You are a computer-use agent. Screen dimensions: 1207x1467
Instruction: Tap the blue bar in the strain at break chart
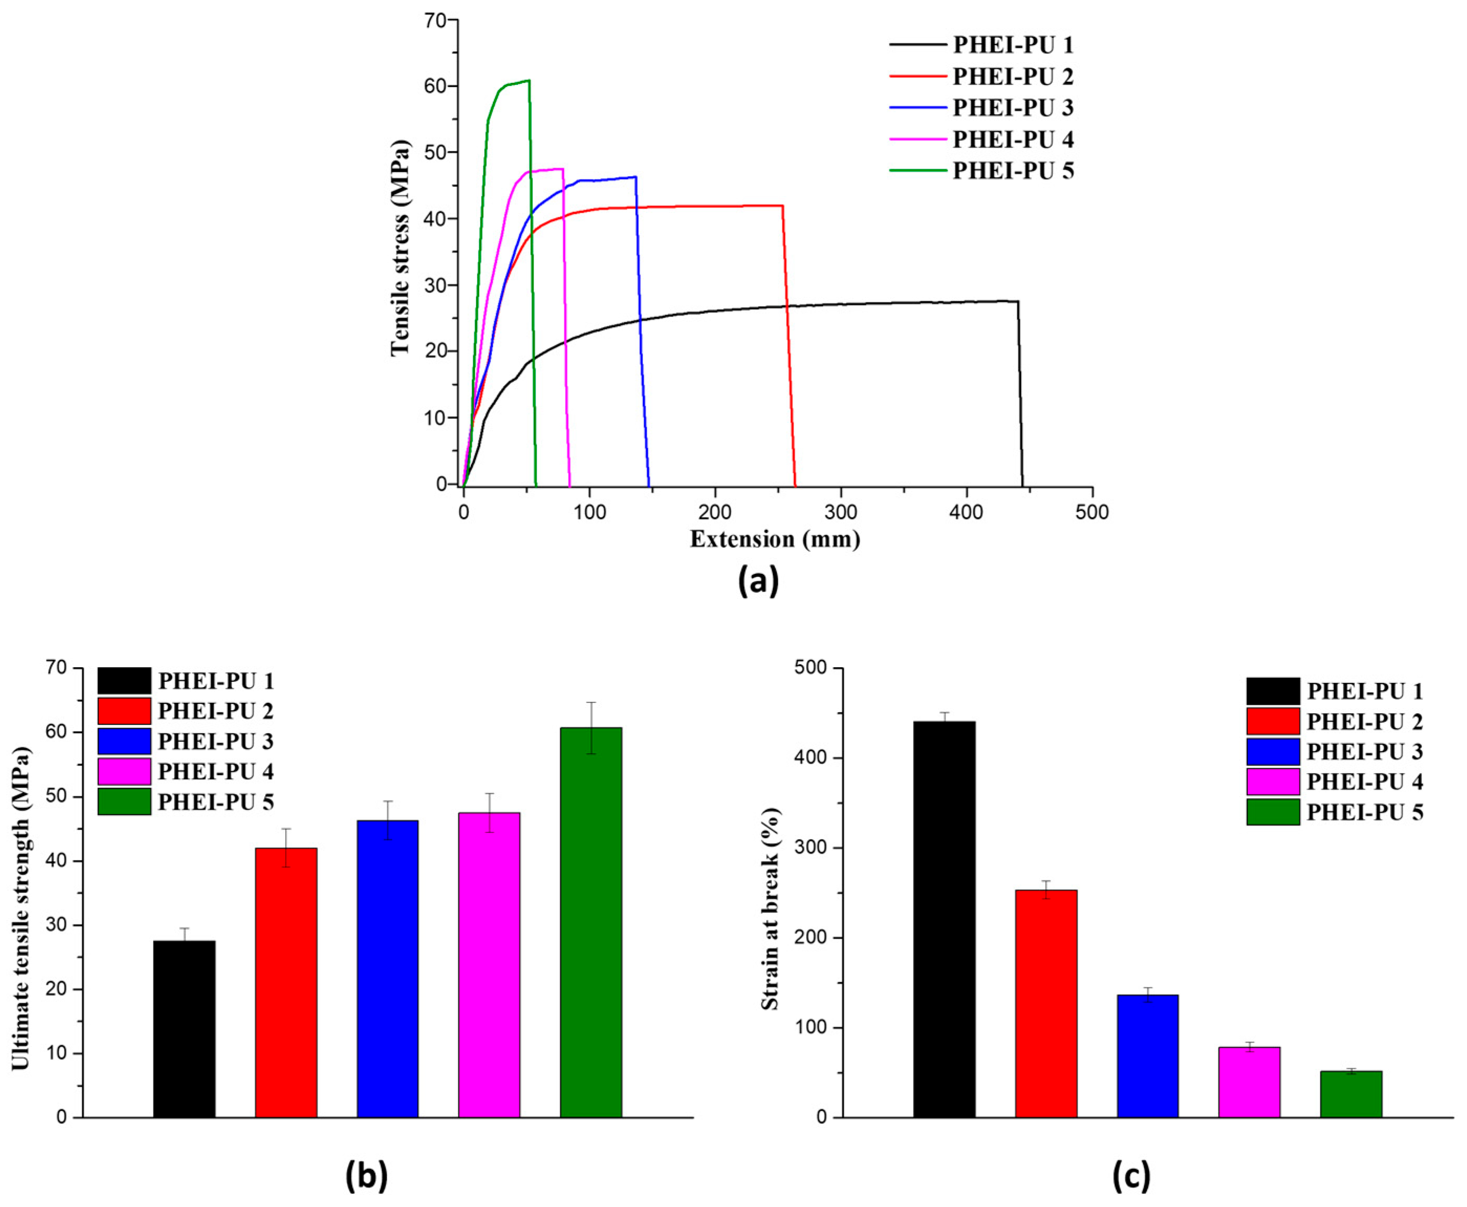pos(1147,1056)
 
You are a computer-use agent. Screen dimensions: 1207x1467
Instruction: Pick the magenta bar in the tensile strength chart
pos(489,964)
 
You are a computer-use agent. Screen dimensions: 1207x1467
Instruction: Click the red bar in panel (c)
pos(1046,1003)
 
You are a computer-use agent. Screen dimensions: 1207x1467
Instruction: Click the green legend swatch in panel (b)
pos(124,801)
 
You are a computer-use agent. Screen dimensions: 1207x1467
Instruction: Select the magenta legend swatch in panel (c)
pos(1273,781)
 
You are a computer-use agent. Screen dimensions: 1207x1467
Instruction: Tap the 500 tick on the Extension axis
pos(1092,513)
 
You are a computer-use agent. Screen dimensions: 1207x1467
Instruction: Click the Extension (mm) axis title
pos(775,539)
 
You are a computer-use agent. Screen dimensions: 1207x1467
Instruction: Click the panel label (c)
pos(1131,1176)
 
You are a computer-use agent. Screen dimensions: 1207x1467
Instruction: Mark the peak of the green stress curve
pos(528,81)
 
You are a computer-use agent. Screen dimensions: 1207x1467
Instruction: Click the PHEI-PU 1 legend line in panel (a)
pos(918,45)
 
